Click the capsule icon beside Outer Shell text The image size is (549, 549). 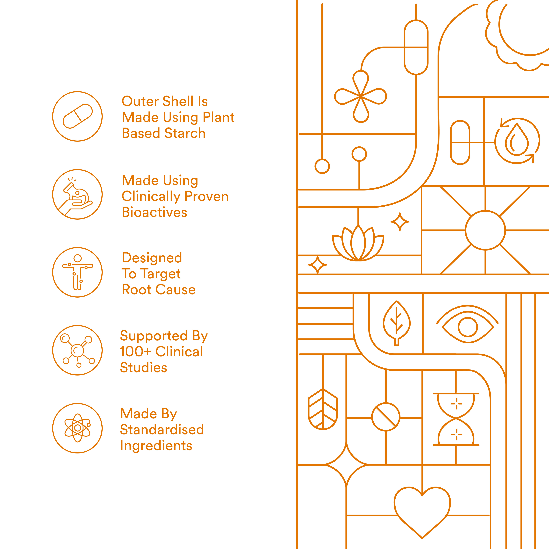pos(77,116)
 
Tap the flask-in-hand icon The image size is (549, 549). pos(77,194)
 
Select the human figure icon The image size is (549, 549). pos(77,272)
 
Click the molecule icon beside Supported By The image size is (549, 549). pos(77,350)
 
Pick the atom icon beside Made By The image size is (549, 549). pos(77,428)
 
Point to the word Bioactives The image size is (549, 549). pos(154,212)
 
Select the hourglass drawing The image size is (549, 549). pos(456,419)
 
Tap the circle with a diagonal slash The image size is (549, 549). pos(386,417)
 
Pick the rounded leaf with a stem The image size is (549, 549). pos(397,323)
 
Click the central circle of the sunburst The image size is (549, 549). pos(485,230)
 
